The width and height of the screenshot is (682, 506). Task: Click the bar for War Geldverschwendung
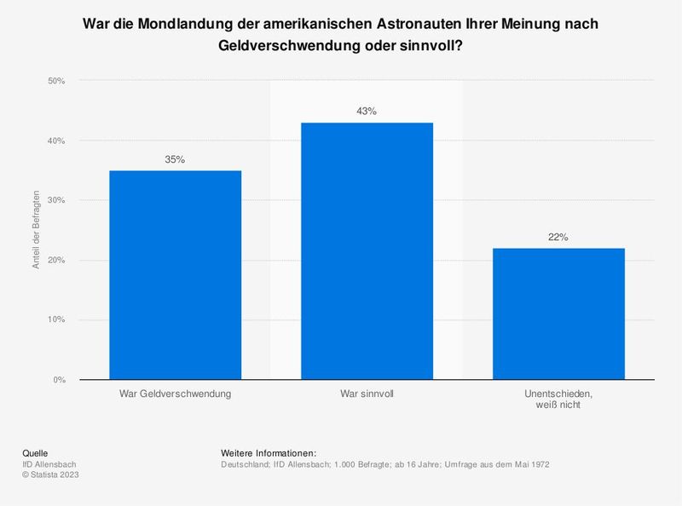coord(175,274)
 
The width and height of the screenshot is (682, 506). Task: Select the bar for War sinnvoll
coord(367,250)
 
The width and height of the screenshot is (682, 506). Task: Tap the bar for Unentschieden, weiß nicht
coord(558,313)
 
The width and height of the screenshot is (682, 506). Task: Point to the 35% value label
coord(175,159)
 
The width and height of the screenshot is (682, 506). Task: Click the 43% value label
coord(367,112)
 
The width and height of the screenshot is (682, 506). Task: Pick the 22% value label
coord(558,237)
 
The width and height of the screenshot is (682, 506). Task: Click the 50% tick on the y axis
coord(55,81)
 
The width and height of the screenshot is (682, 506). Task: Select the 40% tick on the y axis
coord(55,141)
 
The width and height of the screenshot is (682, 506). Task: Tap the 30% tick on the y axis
coord(55,200)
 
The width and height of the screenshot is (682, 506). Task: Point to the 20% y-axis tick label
coord(55,260)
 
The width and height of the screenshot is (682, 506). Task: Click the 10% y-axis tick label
coord(55,319)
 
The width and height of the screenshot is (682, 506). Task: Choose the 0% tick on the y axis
coord(58,379)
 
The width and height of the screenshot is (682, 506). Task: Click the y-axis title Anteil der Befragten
coord(37,230)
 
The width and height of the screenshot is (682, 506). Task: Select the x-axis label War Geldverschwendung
coord(175,394)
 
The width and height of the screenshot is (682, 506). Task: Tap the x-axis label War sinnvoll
coord(367,394)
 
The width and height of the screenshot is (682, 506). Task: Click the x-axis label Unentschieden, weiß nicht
coord(558,400)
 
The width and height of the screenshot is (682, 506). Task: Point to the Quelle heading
coord(35,452)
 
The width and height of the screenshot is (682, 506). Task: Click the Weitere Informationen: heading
coord(269,452)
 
